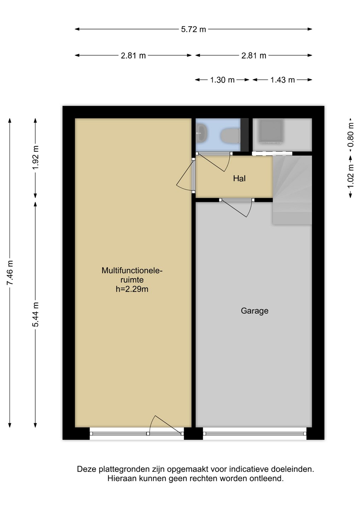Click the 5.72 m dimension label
click(x=193, y=29)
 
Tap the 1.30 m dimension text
click(x=222, y=80)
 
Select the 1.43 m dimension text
click(x=283, y=80)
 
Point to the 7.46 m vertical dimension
click(x=10, y=272)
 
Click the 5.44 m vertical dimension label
click(x=35, y=315)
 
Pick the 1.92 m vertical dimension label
click(x=35, y=158)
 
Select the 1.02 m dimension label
click(x=351, y=176)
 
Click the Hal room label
click(x=239, y=179)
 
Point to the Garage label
click(x=255, y=311)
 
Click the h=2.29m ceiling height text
click(x=132, y=289)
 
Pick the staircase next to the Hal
click(x=292, y=190)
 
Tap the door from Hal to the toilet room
click(x=214, y=162)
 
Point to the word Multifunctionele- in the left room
click(x=132, y=270)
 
